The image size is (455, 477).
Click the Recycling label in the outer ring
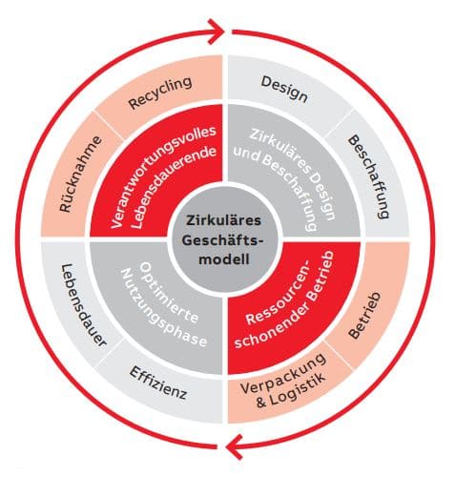pyautogui.click(x=160, y=93)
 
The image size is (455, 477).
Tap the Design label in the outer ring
pyautogui.click(x=284, y=90)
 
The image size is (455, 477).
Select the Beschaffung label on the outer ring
pyautogui.click(x=368, y=176)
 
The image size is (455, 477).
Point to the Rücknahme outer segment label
pyautogui.click(x=80, y=174)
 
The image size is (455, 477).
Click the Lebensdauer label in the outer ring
pyautogui.click(x=83, y=305)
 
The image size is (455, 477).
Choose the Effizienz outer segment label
pyautogui.click(x=158, y=383)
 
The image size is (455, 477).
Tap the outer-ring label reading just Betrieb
pyautogui.click(x=364, y=315)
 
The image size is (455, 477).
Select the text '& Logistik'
pyautogui.click(x=291, y=390)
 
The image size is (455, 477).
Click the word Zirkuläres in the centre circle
pyautogui.click(x=223, y=220)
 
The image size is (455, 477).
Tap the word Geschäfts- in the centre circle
pyautogui.click(x=222, y=239)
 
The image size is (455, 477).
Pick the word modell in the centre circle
pyautogui.click(x=224, y=259)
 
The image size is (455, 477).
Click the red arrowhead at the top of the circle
pyautogui.click(x=217, y=31)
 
